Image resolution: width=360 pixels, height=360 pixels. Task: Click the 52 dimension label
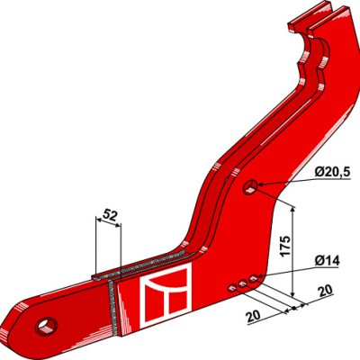(109, 215)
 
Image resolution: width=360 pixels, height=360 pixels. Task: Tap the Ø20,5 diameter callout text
(332, 173)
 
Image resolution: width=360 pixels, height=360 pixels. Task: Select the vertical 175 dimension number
(284, 246)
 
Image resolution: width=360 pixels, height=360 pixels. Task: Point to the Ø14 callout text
(328, 261)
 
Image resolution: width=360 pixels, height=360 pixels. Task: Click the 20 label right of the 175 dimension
(325, 291)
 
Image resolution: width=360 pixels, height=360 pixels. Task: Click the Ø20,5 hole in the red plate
(251, 187)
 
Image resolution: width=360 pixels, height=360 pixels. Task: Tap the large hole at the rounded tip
(46, 326)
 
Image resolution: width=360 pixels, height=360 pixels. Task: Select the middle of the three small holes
(242, 283)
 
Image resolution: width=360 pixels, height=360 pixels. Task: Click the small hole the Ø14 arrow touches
(254, 279)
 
